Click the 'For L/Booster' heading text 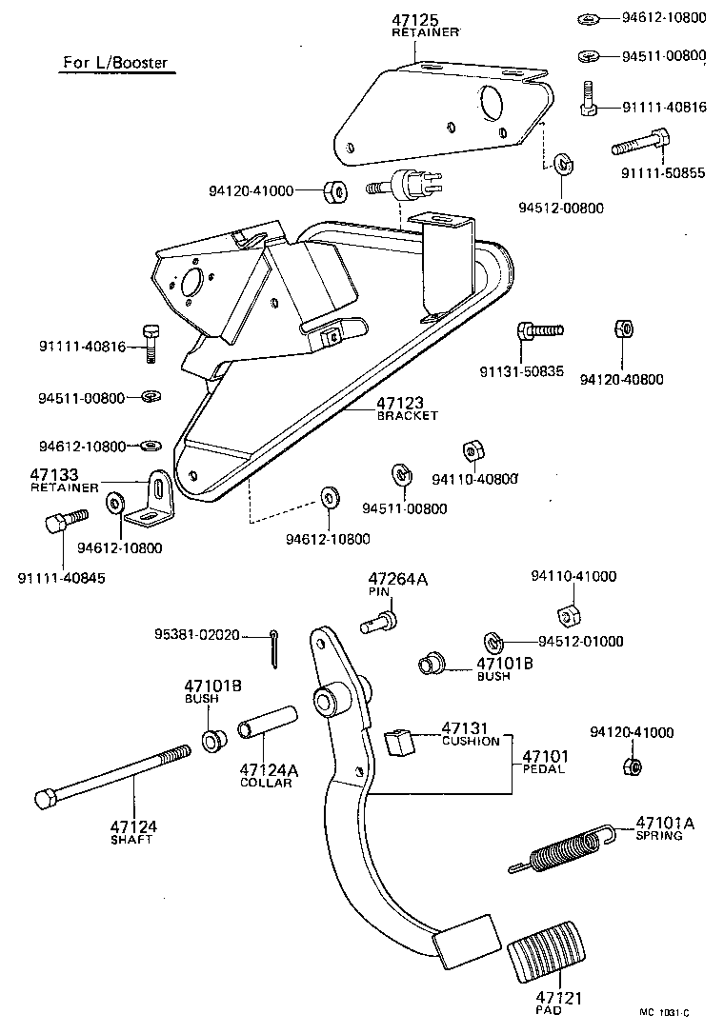[115, 64]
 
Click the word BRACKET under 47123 [407, 416]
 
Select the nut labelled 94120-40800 [621, 330]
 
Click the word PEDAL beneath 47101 [543, 769]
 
